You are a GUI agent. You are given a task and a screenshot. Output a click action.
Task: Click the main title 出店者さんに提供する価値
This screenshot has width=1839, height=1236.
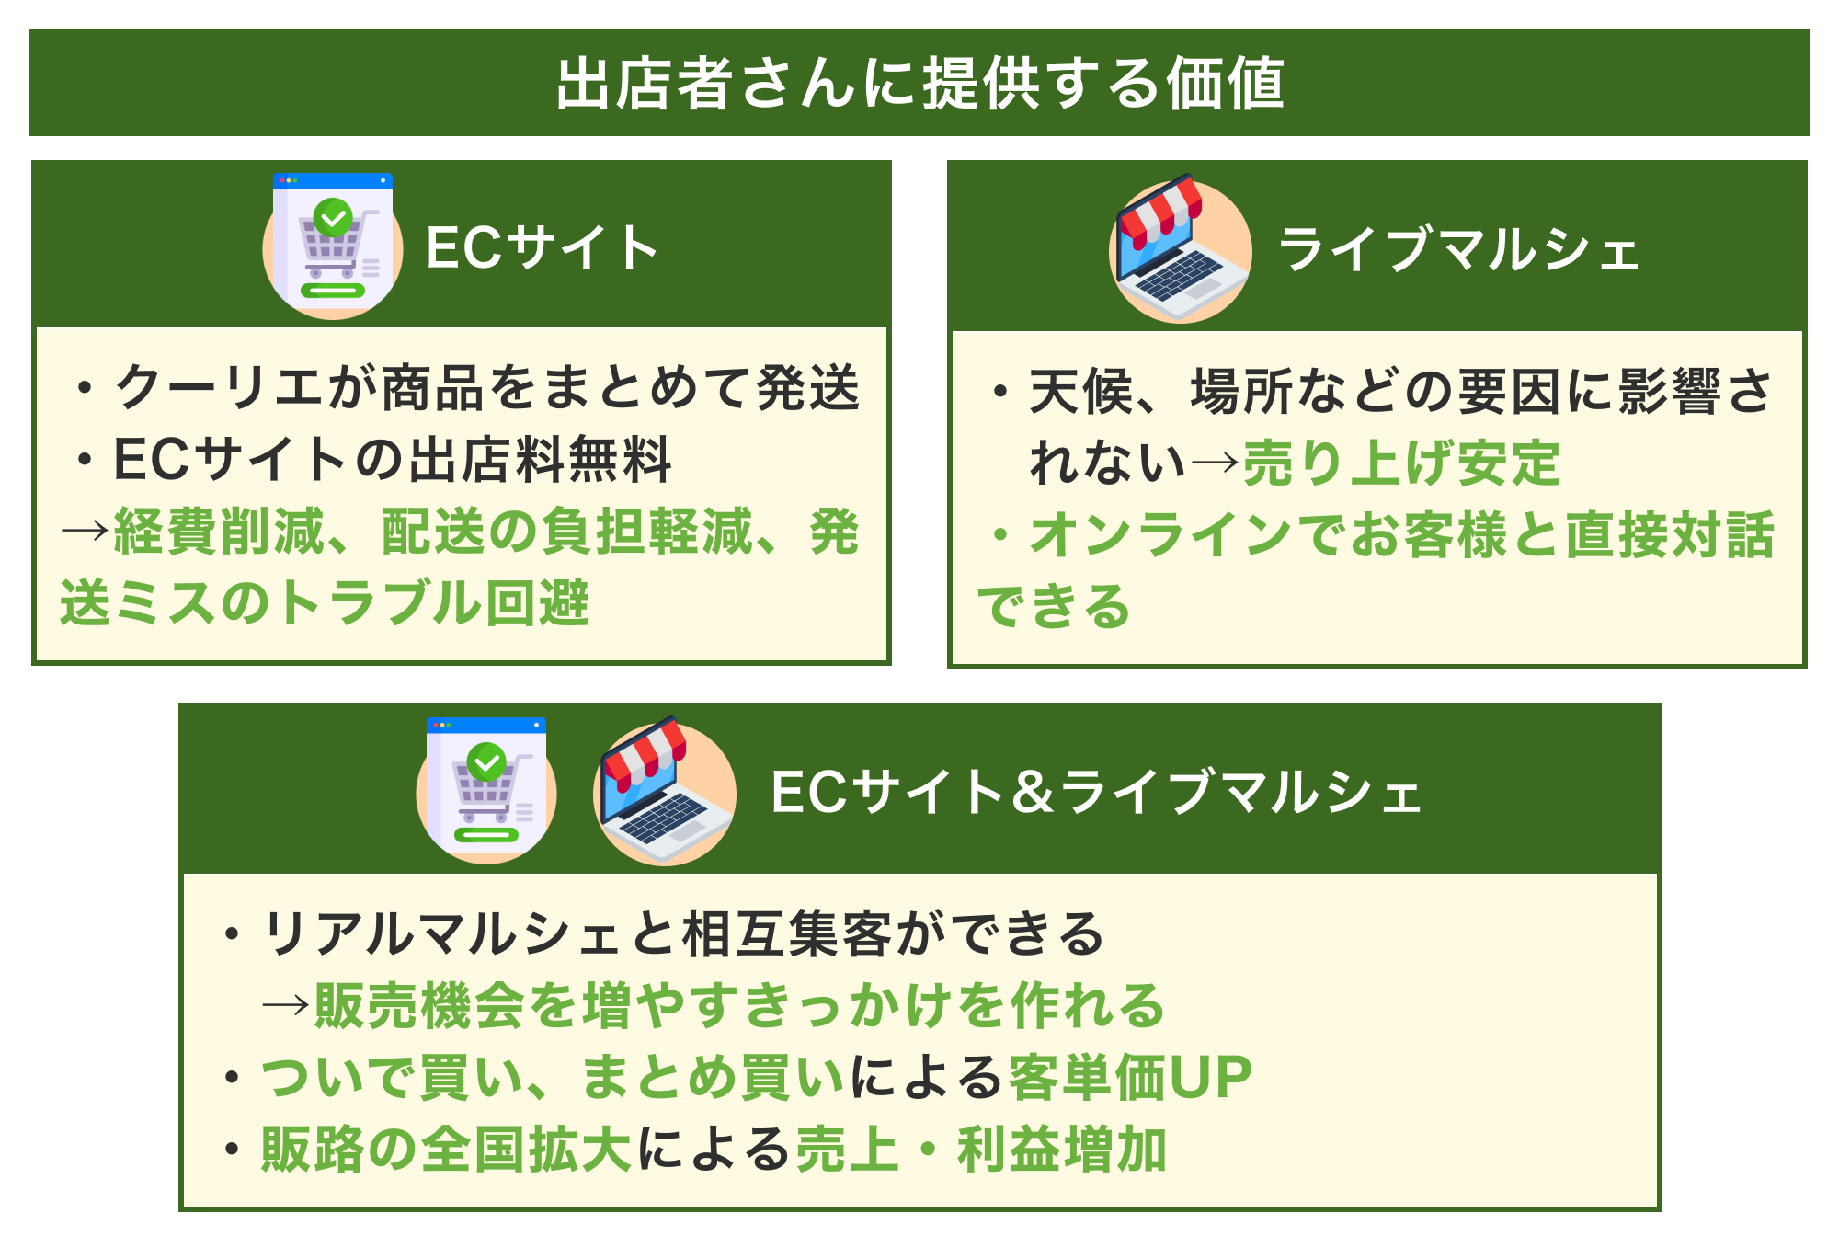click(919, 84)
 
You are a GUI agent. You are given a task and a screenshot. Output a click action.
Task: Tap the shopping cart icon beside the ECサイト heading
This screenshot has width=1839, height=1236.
click(333, 246)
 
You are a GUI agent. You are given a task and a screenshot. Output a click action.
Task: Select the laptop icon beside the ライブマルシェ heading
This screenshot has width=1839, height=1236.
click(1181, 248)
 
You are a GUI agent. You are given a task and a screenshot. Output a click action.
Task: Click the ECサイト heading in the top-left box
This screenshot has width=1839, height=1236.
click(542, 248)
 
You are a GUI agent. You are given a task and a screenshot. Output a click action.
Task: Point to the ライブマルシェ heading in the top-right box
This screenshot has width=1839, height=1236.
click(1459, 250)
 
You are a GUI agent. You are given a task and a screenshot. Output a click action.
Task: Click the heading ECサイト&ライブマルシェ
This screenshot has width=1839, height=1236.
click(1096, 793)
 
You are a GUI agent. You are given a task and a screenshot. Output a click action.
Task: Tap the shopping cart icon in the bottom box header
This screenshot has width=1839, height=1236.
click(486, 790)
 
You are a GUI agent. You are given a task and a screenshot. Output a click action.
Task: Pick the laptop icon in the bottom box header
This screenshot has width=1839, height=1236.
click(665, 791)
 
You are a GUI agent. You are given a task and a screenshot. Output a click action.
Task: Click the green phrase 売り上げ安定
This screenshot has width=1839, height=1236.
click(1401, 463)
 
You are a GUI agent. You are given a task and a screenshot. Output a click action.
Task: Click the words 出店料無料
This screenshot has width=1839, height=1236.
click(540, 460)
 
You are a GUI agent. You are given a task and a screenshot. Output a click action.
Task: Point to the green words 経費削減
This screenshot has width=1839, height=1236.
click(219, 532)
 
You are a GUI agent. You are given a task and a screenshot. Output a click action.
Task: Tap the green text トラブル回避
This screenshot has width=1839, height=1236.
click(431, 603)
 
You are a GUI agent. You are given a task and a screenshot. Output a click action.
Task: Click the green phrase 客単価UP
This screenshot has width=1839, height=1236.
click(1130, 1078)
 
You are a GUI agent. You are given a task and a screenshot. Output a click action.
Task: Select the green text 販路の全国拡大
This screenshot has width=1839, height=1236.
click(445, 1150)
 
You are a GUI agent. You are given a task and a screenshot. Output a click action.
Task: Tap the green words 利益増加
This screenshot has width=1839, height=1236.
click(1062, 1150)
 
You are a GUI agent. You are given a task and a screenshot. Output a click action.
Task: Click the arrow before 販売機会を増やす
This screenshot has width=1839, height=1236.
click(286, 1005)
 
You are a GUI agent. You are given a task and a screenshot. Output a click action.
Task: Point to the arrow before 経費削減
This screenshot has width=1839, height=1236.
click(86, 532)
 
